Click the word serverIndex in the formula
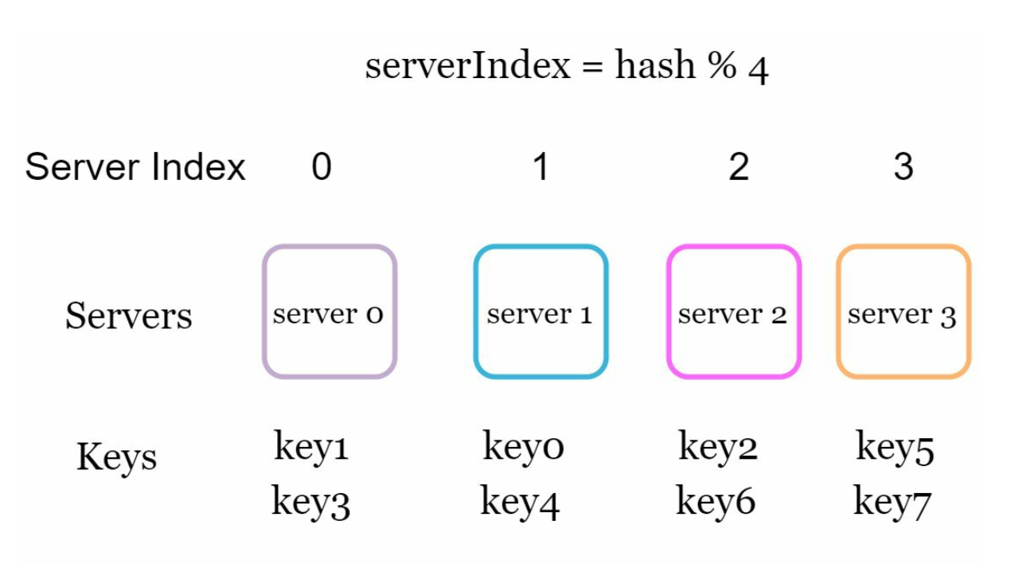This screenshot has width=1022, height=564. point(468,65)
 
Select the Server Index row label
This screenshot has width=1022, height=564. point(135,168)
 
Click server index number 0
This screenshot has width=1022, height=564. point(321,167)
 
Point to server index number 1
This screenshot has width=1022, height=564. point(540,167)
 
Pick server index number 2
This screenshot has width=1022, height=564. point(739,167)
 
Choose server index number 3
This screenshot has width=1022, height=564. point(903,167)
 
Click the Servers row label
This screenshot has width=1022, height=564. point(128,315)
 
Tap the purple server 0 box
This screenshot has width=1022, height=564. point(330,311)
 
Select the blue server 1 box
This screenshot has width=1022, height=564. point(540,311)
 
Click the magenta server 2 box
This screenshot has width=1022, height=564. point(733,311)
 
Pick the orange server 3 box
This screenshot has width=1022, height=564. point(903,311)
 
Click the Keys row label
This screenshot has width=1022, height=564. point(116,457)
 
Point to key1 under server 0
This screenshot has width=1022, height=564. point(311,447)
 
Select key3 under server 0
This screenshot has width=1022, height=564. point(311,502)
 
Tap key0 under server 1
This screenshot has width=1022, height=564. point(523,447)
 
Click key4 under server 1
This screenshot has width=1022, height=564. point(520,502)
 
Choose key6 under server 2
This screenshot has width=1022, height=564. point(716,502)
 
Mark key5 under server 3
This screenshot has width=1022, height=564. point(895,447)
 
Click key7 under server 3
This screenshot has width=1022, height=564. point(892,502)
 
